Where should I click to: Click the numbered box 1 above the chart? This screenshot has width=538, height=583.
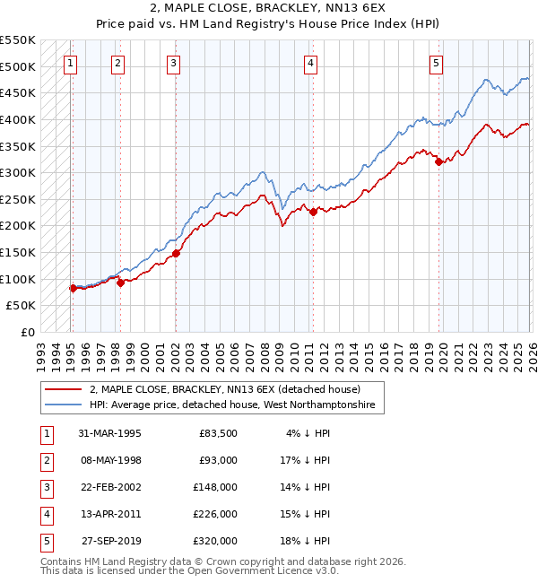pyautogui.click(x=70, y=63)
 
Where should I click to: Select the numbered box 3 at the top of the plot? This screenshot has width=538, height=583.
pyautogui.click(x=173, y=63)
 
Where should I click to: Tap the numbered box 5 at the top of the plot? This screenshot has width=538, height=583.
pyautogui.click(x=436, y=63)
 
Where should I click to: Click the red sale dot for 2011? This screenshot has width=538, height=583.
pyautogui.click(x=313, y=212)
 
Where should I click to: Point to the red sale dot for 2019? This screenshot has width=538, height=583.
pyautogui.click(x=438, y=162)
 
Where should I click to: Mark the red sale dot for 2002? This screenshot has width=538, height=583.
pyautogui.click(x=177, y=254)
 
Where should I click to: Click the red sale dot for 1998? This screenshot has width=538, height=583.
pyautogui.click(x=120, y=283)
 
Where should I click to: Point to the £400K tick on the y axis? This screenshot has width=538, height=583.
pyautogui.click(x=18, y=119)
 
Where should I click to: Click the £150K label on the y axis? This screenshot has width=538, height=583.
pyautogui.click(x=18, y=252)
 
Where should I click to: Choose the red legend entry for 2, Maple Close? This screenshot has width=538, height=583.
pyautogui.click(x=224, y=390)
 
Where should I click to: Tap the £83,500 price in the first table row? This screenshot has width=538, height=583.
pyautogui.click(x=218, y=433)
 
